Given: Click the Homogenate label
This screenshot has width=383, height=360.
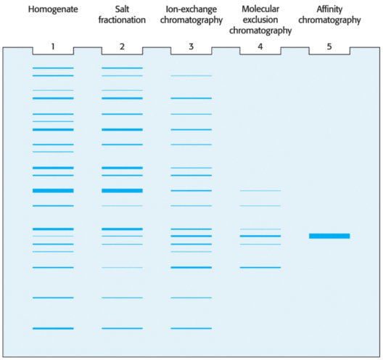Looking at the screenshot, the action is coord(53,9).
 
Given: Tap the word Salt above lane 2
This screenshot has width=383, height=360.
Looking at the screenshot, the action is coord(122,9).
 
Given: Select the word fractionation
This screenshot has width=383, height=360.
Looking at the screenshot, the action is coord(122,20).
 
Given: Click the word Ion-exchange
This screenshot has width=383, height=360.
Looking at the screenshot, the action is coord(191,9).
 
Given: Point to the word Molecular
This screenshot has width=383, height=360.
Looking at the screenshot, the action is coord(260,9).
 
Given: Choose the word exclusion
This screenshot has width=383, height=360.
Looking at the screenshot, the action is coord(260,20).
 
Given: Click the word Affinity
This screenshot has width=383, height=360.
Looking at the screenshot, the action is coord(329,9).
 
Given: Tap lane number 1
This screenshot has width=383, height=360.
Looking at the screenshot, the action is coord(53,46).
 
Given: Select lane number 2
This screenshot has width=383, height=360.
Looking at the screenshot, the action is coord(122,46).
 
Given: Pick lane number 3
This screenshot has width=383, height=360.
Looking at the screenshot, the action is coord(191,46).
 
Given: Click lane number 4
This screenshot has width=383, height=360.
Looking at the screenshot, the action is coord(260,46).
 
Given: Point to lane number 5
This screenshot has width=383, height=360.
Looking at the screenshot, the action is coord(329,46).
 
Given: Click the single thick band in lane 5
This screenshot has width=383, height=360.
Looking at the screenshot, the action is coord(329,236).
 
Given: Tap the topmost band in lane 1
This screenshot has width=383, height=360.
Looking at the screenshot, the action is coord(53,68).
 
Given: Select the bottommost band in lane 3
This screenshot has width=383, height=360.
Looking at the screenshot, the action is coord(191,329).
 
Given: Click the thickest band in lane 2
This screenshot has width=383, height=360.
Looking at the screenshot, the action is coord(122,191).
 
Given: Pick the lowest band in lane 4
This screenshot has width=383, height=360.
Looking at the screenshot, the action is coord(260,268).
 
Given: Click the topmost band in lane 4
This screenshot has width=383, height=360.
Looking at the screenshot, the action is coord(260,191).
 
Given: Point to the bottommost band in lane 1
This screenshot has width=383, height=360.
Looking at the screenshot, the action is coord(53,329).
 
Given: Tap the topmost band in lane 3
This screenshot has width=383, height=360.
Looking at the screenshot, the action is coord(191,75).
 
